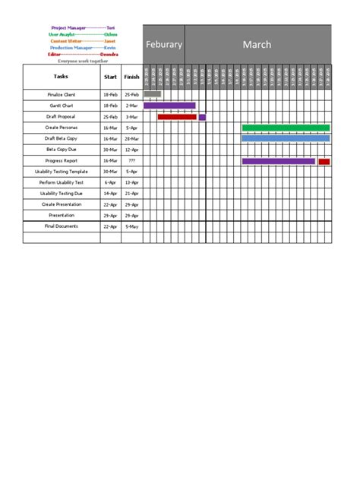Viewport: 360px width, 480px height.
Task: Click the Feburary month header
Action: click(163, 45)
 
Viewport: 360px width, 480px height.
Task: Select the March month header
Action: click(257, 45)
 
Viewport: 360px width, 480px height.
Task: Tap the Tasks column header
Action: click(61, 76)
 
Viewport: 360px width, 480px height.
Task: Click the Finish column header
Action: click(131, 76)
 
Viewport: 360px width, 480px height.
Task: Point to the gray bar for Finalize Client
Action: click(152, 94)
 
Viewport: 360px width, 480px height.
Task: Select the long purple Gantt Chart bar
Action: click(169, 106)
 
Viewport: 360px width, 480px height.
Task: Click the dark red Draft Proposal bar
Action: click(177, 117)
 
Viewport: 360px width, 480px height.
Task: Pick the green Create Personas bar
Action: click(286, 128)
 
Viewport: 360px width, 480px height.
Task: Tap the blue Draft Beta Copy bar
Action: click(286, 138)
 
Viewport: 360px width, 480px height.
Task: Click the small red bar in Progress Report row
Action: click(324, 161)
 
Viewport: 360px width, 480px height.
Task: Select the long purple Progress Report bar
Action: click(278, 161)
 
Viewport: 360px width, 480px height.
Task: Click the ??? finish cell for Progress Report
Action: click(131, 161)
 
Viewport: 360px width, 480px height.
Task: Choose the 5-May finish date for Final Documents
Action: click(131, 226)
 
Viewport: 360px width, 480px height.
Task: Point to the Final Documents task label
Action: click(61, 226)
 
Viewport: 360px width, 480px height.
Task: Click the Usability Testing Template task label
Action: click(61, 172)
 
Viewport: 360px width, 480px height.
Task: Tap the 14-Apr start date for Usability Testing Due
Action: click(110, 194)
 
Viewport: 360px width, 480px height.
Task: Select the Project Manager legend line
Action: click(83, 27)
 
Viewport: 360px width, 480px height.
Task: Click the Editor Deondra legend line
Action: click(83, 55)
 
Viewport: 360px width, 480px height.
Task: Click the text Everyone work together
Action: click(83, 61)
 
